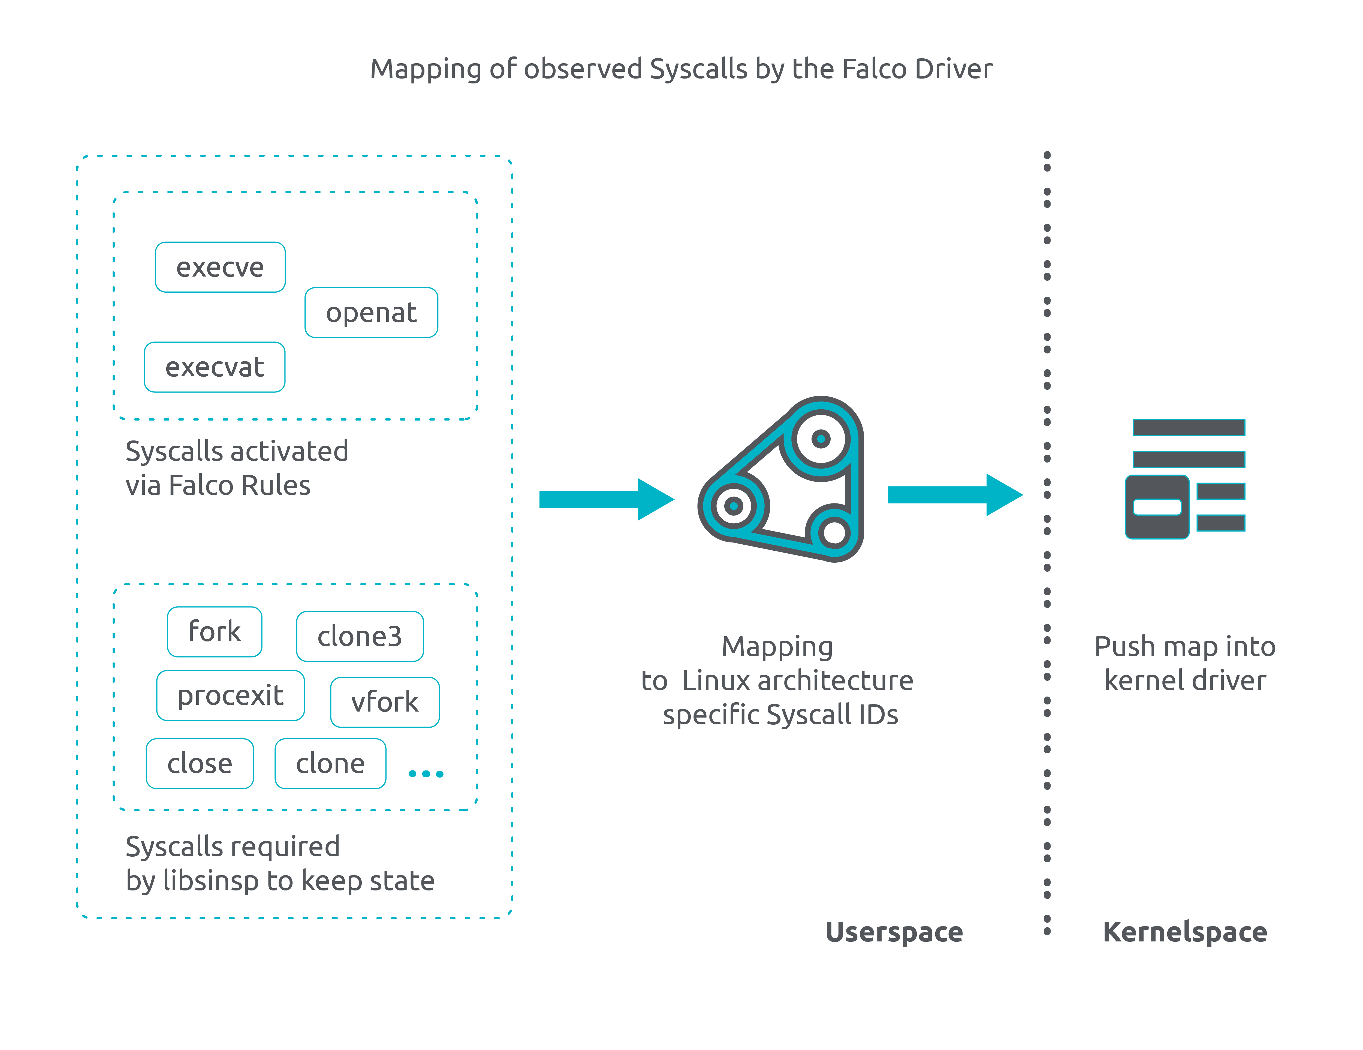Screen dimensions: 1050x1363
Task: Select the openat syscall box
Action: click(371, 313)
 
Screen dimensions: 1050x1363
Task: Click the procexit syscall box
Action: click(230, 695)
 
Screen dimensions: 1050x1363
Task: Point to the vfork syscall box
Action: click(384, 702)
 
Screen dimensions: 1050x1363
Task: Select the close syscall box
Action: click(200, 763)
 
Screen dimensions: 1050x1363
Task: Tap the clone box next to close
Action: click(330, 763)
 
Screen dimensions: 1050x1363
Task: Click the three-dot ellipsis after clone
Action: click(426, 774)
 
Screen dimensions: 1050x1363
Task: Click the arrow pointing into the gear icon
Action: click(605, 499)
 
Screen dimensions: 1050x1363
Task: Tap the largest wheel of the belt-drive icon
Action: click(821, 439)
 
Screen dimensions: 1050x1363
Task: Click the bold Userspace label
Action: click(894, 932)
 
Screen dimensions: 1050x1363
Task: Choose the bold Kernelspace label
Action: click(1184, 932)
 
